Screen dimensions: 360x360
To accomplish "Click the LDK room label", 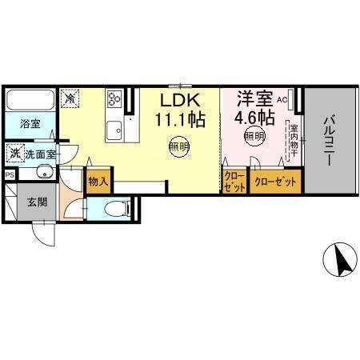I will [x=182, y=102].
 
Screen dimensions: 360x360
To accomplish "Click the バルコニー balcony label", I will [x=328, y=141].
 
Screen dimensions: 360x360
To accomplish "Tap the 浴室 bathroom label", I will [x=31, y=125].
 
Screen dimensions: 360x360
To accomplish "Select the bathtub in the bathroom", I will [x=30, y=102].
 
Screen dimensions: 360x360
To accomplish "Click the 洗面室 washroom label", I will [x=39, y=153].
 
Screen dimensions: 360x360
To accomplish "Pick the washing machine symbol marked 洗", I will [x=15, y=152].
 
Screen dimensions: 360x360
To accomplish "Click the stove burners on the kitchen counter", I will [x=114, y=99].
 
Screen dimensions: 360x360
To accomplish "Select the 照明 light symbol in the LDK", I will [x=178, y=146].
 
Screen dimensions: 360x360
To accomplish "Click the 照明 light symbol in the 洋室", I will [x=254, y=137].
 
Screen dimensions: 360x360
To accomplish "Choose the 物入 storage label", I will [x=98, y=182].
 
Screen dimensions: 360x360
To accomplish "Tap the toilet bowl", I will [x=117, y=210].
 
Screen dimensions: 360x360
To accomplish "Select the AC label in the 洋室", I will [x=282, y=100].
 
